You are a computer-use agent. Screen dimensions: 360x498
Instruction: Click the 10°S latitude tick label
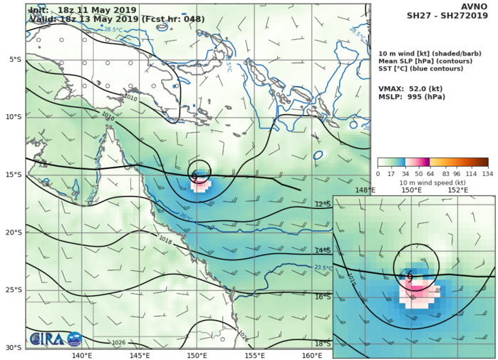pyautogui.click(x=14, y=117)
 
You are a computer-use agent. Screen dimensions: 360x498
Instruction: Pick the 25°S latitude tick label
pyautogui.click(x=14, y=290)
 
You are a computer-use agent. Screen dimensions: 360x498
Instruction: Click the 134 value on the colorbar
pyautogui.click(x=488, y=173)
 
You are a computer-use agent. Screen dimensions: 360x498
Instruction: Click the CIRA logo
pyautogui.click(x=46, y=340)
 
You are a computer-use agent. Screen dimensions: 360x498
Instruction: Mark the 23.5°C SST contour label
pyautogui.click(x=323, y=268)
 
